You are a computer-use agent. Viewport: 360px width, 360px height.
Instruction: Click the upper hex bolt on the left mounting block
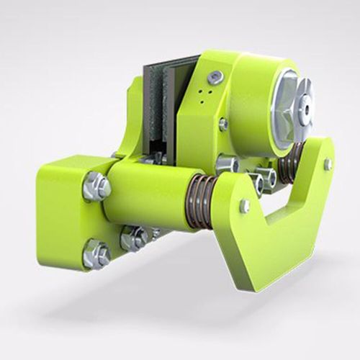point(96,186)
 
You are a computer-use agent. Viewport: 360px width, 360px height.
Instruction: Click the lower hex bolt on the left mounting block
point(96,253)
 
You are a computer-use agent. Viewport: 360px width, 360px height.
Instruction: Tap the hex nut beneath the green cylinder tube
point(134,238)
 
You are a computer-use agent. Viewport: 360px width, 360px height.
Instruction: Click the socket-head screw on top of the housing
point(215,77)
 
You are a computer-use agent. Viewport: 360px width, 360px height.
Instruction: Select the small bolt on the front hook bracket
point(245,206)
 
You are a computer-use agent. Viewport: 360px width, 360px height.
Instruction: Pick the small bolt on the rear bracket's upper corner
point(328,163)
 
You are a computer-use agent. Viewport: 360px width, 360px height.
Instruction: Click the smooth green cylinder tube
point(148,194)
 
